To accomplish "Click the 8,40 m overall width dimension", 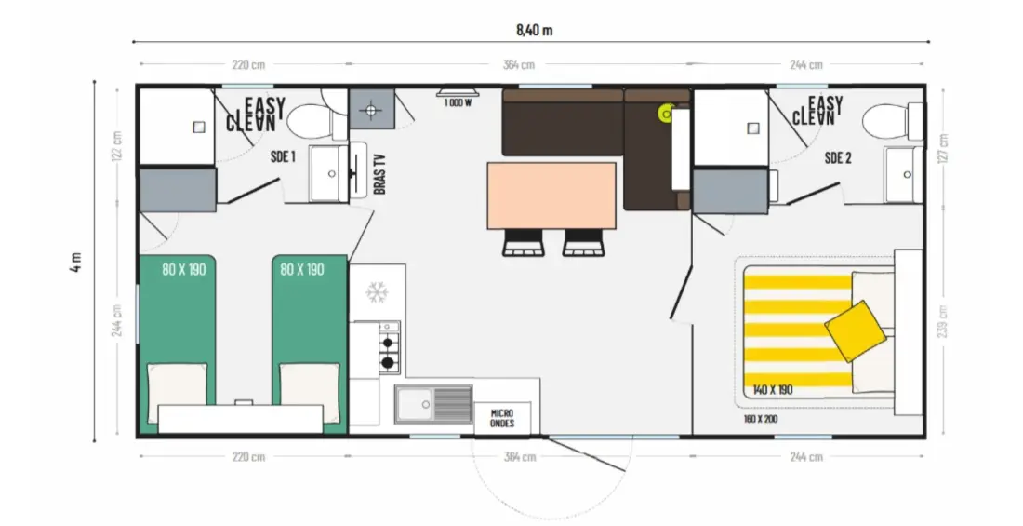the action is point(535,30).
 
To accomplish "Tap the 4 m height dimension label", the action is point(76,262).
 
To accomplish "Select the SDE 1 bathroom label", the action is point(283,156).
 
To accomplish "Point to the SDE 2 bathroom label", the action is point(838,157).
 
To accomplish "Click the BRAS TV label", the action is point(379,173).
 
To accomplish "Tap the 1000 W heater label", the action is point(458,102).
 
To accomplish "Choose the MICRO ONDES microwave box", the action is point(501,418).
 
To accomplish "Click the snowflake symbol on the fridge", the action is point(377,292).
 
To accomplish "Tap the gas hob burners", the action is point(389,352).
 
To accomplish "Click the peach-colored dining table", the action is point(551,196).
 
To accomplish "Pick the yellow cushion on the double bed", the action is point(856,330).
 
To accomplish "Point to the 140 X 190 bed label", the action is point(773,390).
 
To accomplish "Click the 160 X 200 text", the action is point(761,419).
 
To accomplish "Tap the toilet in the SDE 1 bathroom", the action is point(316,121).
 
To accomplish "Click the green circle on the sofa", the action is point(666,115).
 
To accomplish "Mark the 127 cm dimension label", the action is point(942,148).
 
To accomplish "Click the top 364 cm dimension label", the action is point(519,64).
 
